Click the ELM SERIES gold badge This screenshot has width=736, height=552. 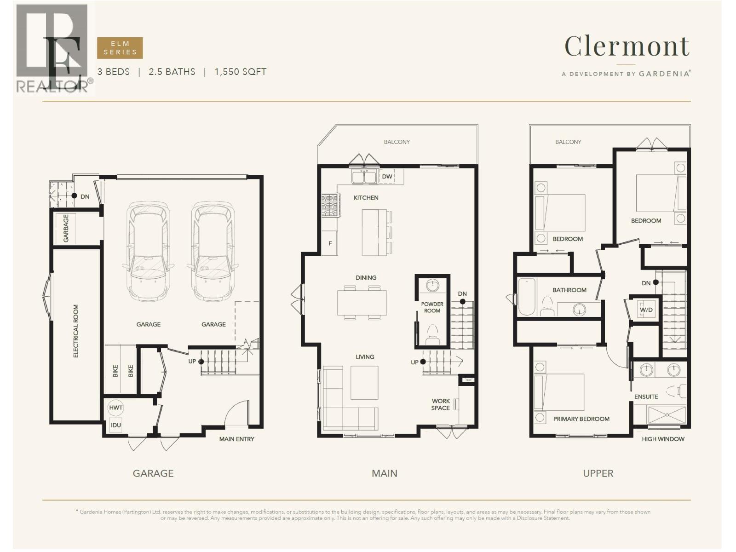click(x=120, y=48)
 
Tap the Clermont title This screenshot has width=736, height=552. click(x=627, y=46)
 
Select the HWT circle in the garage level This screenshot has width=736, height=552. click(x=115, y=408)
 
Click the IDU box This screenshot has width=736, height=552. click(x=115, y=425)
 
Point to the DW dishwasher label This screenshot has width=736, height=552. click(x=387, y=176)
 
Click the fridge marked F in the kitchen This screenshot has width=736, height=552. click(x=330, y=243)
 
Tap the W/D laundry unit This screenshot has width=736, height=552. click(x=646, y=310)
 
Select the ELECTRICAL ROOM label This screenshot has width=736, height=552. click(x=76, y=331)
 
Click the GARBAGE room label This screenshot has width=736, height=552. click(x=66, y=228)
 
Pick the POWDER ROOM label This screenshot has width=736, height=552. click(x=432, y=307)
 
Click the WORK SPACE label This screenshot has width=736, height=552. click(x=441, y=404)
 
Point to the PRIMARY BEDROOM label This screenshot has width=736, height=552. click(x=581, y=419)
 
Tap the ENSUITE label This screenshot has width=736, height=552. click(x=646, y=397)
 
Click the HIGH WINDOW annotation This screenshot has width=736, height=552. click(x=663, y=439)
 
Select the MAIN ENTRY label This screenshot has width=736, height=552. click(x=237, y=439)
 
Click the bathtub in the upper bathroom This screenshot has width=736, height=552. click(x=527, y=297)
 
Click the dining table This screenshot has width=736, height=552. click(x=362, y=303)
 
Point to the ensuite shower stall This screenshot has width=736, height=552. click(x=667, y=415)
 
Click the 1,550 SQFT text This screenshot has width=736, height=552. click(x=241, y=72)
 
